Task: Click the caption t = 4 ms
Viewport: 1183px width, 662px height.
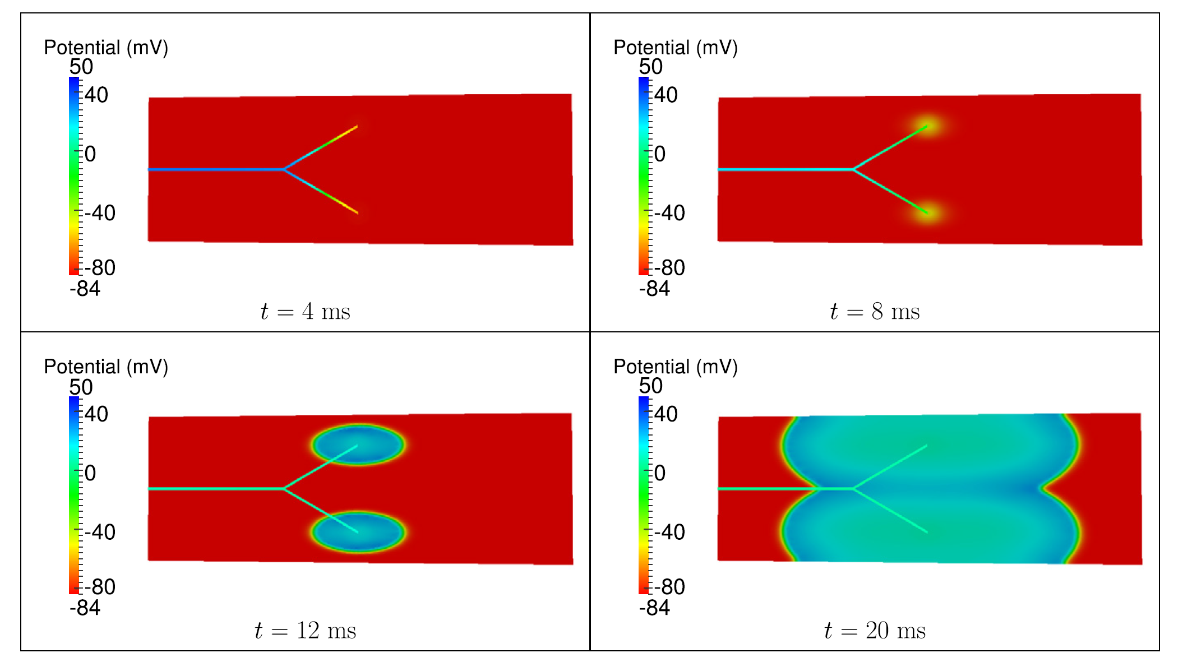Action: [305, 312]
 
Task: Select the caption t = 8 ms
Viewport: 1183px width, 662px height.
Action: [875, 312]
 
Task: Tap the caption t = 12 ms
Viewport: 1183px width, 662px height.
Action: [305, 631]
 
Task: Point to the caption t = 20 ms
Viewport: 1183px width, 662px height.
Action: [875, 631]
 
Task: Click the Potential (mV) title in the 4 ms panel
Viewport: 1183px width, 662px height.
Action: [106, 48]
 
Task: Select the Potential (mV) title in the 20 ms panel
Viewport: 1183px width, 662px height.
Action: [676, 367]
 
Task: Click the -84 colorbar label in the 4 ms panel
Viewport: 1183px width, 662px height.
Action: [85, 289]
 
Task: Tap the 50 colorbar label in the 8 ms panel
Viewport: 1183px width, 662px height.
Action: [650, 67]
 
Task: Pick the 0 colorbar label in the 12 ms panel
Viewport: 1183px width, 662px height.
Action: [90, 473]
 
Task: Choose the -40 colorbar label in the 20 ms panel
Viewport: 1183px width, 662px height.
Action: [669, 532]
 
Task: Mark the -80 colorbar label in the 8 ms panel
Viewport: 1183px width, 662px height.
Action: [669, 268]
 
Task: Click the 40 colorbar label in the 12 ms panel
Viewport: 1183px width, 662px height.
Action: [96, 414]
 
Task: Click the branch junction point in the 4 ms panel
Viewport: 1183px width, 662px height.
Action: [284, 169]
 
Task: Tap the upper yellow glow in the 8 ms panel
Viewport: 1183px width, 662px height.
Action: [927, 124]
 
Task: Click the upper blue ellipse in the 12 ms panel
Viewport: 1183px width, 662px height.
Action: [358, 444]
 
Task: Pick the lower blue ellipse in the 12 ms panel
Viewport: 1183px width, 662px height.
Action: [358, 532]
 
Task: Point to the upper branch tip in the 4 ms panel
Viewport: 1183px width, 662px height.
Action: [357, 127]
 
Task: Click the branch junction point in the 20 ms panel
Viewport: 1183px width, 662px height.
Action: [854, 489]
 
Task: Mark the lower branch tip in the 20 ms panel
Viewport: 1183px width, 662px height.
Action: [926, 531]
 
